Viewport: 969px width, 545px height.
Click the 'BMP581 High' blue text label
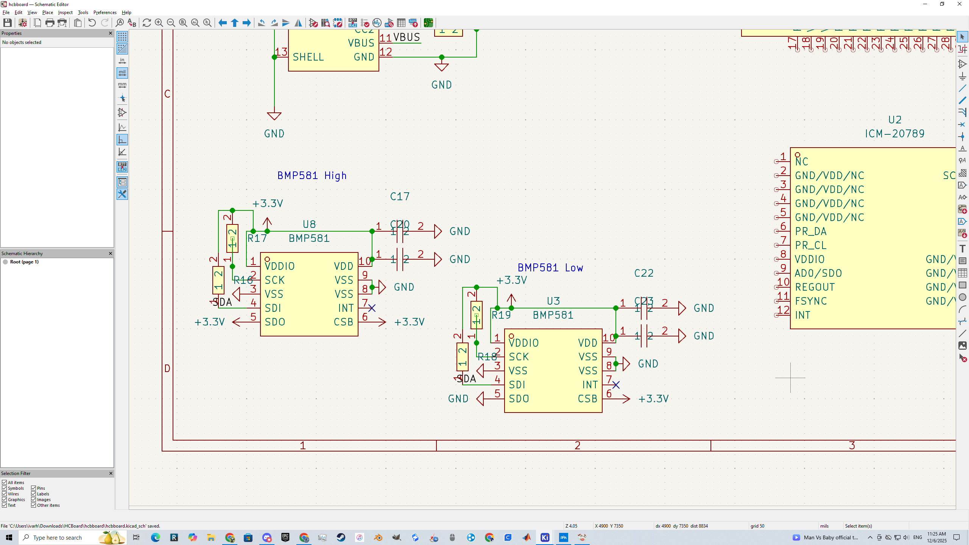click(x=312, y=176)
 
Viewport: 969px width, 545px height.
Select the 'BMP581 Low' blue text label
click(x=550, y=268)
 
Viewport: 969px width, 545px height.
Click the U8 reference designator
click(x=309, y=224)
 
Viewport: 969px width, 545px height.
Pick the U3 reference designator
click(x=553, y=301)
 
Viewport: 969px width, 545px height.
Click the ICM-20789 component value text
click(x=894, y=134)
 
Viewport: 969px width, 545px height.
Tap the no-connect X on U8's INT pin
click(x=372, y=308)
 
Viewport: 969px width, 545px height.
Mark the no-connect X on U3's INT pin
click(x=616, y=385)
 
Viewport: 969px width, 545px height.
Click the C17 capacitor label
click(x=400, y=196)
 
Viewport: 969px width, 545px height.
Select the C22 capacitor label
click(x=643, y=273)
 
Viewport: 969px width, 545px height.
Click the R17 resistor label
click(x=257, y=238)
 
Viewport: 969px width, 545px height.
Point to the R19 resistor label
click(x=501, y=315)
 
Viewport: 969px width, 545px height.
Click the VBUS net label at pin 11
click(x=407, y=37)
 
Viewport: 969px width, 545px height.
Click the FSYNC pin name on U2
click(x=811, y=301)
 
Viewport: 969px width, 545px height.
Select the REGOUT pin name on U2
click(x=815, y=287)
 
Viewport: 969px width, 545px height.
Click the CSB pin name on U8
click(x=343, y=322)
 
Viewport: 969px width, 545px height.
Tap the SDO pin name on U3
click(x=519, y=399)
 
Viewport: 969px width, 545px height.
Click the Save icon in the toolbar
click(x=7, y=23)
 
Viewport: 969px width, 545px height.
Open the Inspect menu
click(x=65, y=12)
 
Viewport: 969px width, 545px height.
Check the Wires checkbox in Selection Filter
click(x=5, y=494)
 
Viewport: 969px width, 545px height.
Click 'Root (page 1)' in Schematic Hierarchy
click(x=24, y=262)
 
